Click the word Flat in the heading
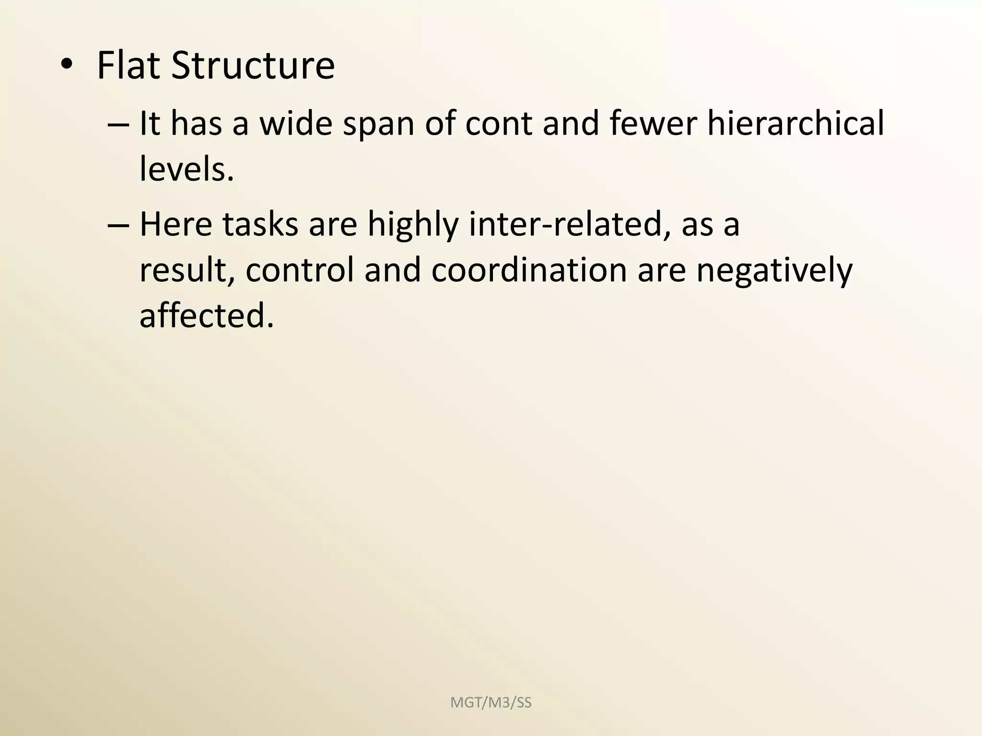[128, 66]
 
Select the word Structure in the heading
[253, 66]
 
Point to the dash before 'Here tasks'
[118, 225]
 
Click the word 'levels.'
[187, 170]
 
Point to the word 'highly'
[413, 225]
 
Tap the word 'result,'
[187, 270]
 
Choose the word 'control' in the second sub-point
[299, 270]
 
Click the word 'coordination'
[529, 270]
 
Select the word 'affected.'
[207, 316]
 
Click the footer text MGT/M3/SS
[491, 703]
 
